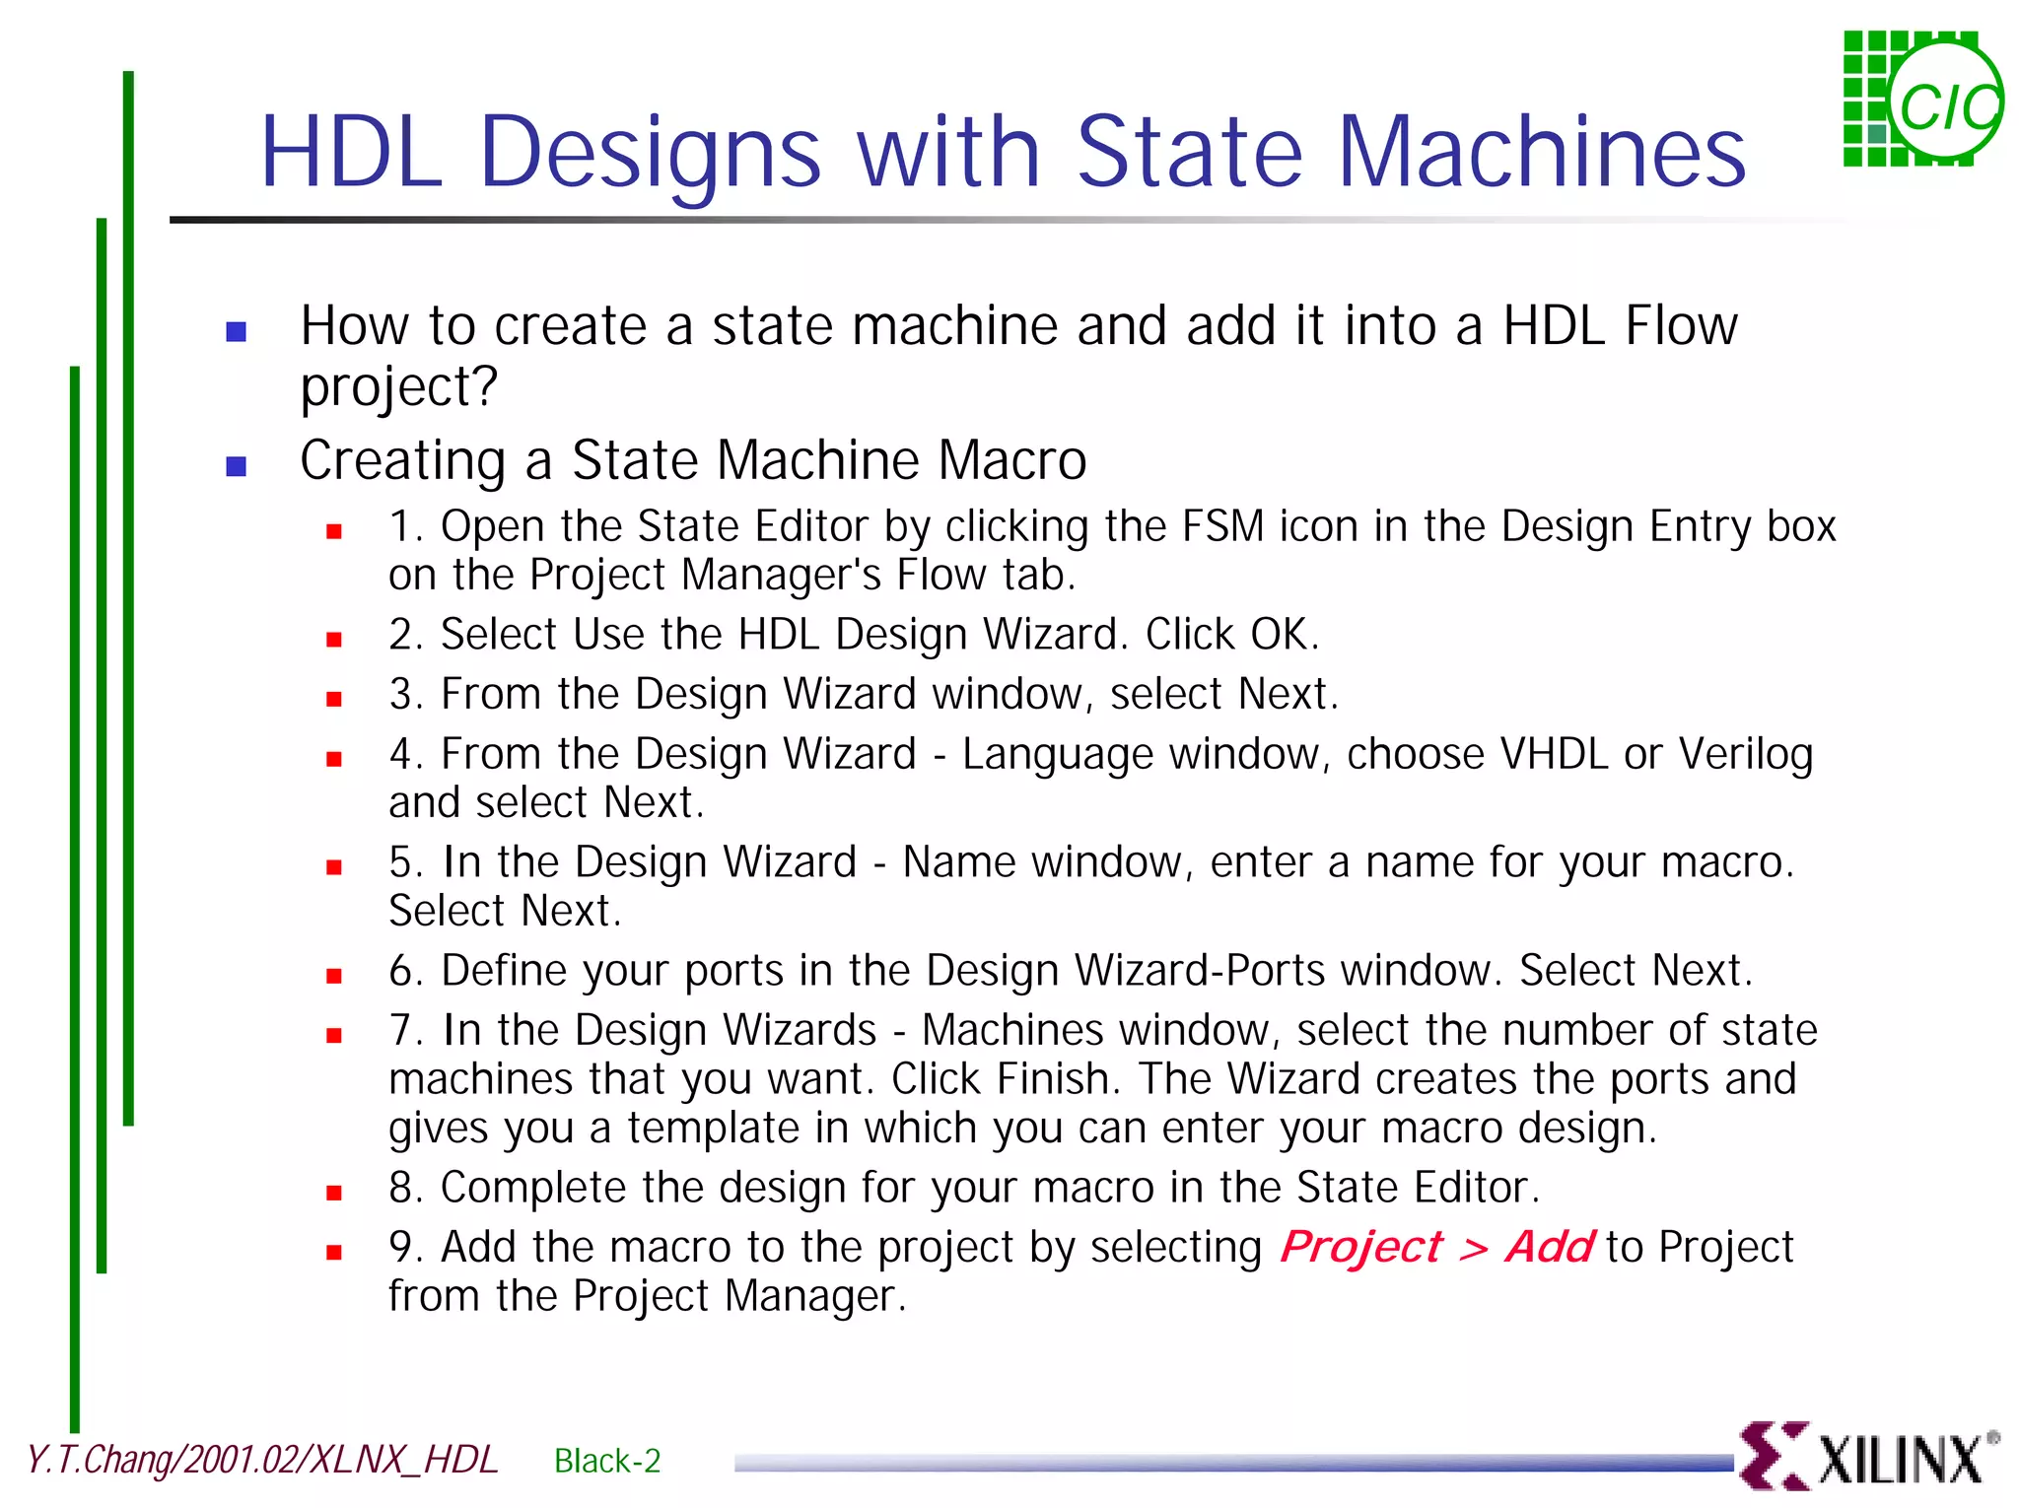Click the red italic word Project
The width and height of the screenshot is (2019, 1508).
pyautogui.click(x=1360, y=1247)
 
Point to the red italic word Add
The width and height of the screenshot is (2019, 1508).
pyautogui.click(x=1549, y=1247)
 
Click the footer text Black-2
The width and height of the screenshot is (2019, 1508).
pyautogui.click(x=607, y=1461)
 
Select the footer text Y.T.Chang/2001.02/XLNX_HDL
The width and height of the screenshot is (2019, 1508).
pyautogui.click(x=262, y=1460)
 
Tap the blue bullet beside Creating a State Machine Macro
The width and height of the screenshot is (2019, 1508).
pyautogui.click(x=237, y=465)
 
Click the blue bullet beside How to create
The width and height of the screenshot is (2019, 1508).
pyautogui.click(x=237, y=331)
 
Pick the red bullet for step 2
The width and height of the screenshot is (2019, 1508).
pyautogui.click(x=334, y=640)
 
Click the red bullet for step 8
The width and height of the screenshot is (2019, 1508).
pyautogui.click(x=334, y=1193)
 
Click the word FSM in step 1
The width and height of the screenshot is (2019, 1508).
pyautogui.click(x=1222, y=526)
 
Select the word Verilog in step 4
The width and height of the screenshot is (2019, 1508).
pyautogui.click(x=1746, y=755)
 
